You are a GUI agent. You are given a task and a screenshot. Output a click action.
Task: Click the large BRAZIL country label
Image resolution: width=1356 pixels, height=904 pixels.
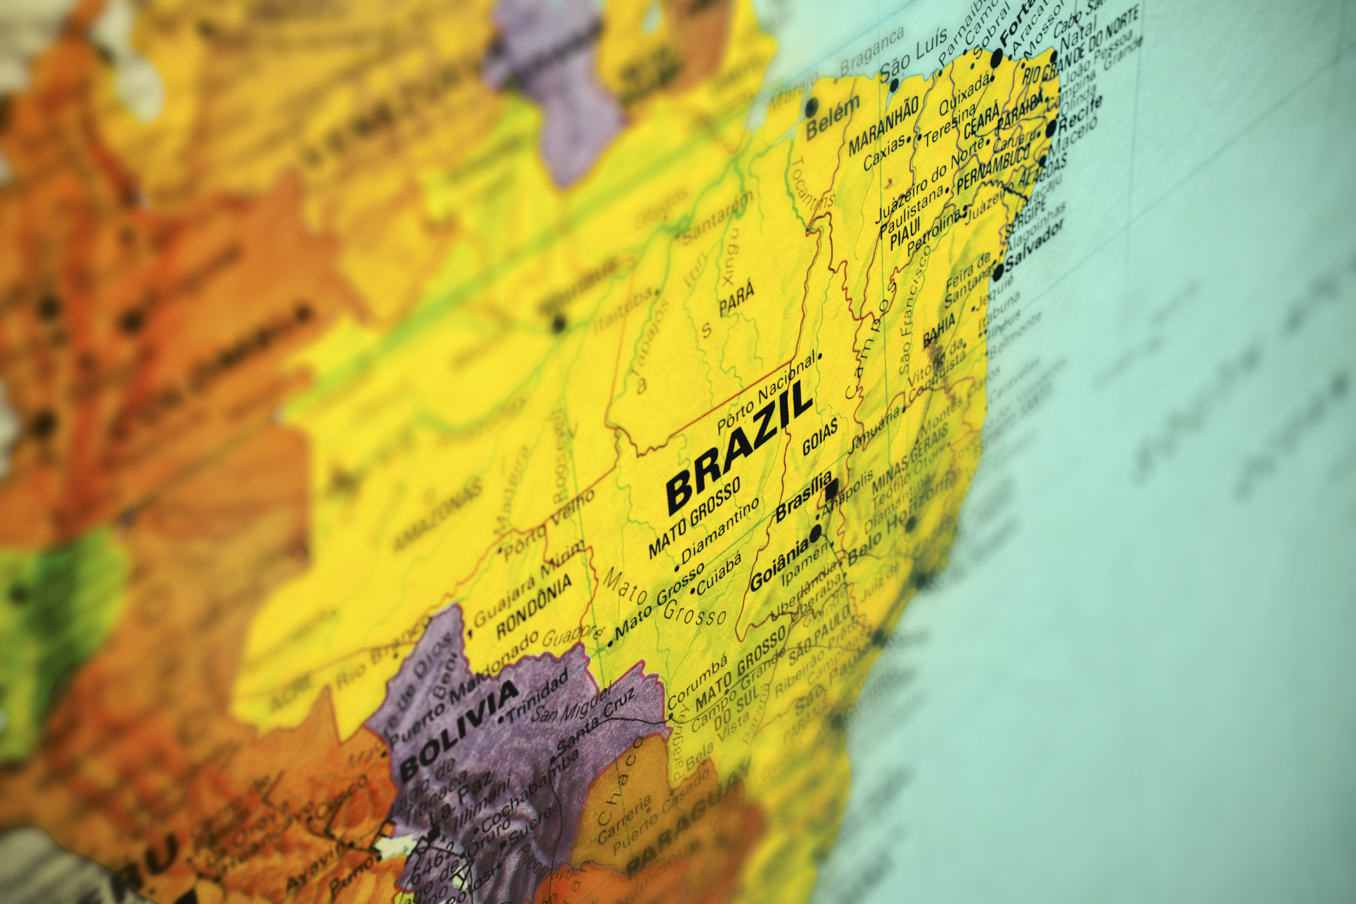click(x=738, y=448)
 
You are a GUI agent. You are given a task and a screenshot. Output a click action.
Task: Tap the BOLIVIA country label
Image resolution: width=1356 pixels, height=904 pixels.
click(x=458, y=729)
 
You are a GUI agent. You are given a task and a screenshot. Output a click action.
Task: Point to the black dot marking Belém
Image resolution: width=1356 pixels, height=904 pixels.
click(x=812, y=105)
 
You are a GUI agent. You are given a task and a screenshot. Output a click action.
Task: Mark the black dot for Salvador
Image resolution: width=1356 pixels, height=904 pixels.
click(x=998, y=274)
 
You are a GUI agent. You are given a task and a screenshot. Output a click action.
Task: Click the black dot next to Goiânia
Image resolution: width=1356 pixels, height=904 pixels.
click(x=816, y=533)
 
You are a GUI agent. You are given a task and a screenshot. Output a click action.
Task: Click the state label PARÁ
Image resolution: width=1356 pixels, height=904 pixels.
click(x=736, y=300)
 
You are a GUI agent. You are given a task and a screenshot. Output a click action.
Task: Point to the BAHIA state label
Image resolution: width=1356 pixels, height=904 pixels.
click(x=939, y=331)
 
